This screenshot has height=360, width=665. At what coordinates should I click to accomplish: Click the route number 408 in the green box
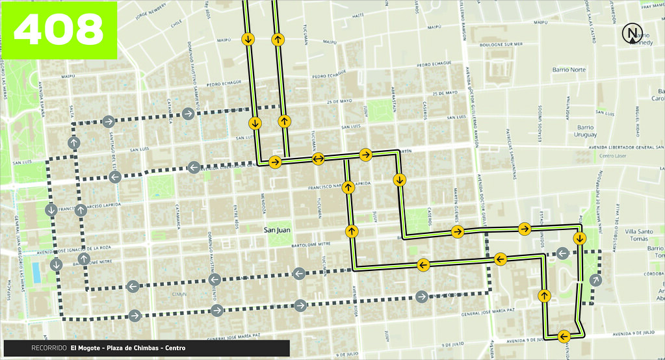pos(59,29)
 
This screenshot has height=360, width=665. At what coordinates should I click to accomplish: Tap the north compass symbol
pos(631,33)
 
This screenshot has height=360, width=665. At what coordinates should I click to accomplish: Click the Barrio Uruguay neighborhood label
pos(586,131)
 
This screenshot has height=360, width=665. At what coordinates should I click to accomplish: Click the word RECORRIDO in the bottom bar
pos(49,348)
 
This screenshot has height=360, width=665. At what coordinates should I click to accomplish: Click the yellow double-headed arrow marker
pos(319,159)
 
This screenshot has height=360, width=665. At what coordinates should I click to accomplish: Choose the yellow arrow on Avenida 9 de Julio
pos(564,336)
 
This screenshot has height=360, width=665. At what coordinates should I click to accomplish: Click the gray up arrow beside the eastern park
pos(596,280)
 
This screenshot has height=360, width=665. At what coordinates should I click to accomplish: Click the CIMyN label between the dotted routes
pos(178,293)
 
